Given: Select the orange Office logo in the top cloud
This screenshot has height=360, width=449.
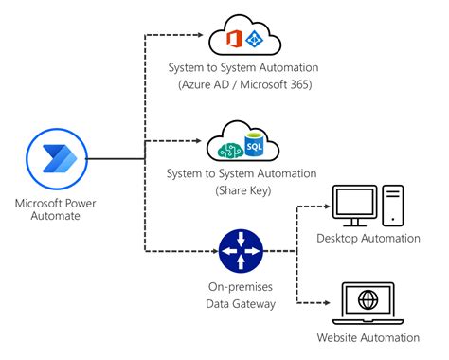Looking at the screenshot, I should (235, 39).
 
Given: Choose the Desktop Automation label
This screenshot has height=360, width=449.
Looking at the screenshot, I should (368, 239).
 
